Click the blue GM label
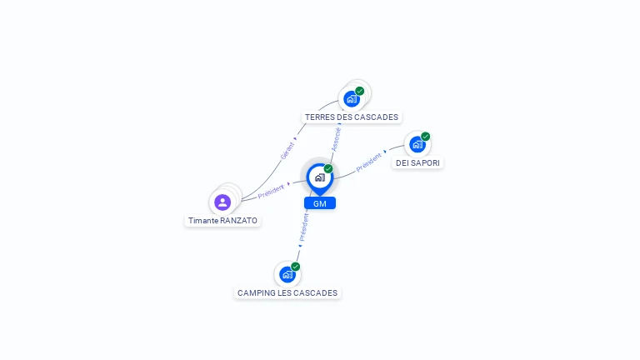pos(320,203)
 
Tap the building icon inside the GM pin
pos(320,177)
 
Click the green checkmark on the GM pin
pos(328,169)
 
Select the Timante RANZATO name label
pos(222,220)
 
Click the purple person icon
pos(222,202)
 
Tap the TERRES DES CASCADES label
pos(352,117)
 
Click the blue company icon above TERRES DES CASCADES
pos(352,99)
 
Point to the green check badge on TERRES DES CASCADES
pos(360,91)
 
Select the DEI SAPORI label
pos(417,162)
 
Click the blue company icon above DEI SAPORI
pos(417,144)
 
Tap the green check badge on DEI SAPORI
pos(426,137)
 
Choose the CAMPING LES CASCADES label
pos(287,293)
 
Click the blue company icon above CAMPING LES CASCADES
pos(287,275)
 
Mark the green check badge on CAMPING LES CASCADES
pos(296,267)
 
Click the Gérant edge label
pos(287,151)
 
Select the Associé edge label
pos(336,140)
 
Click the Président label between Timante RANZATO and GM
pos(271,192)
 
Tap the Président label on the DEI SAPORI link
pos(369,162)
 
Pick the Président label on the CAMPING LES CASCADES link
pos(303,227)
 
